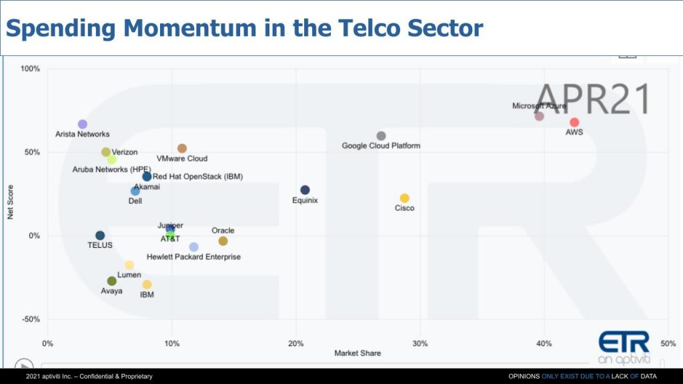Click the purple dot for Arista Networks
[83, 124]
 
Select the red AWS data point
[574, 122]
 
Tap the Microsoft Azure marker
[539, 116]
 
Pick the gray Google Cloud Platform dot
[381, 136]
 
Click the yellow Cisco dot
[404, 198]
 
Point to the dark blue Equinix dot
[305, 190]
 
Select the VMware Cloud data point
[182, 149]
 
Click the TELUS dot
[100, 235]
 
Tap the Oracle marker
[223, 241]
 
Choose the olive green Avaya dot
[111, 281]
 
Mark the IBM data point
[147, 285]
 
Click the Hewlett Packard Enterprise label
[193, 257]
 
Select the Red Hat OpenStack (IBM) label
[197, 177]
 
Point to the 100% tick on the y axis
[31, 69]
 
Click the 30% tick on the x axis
[420, 343]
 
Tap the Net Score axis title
[11, 202]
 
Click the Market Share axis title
[358, 353]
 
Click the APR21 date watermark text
[592, 99]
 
